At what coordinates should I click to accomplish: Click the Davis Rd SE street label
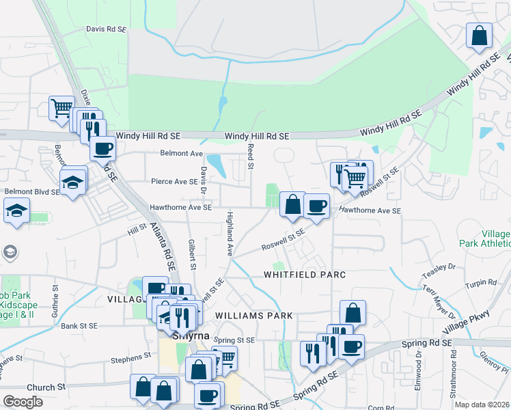(106, 29)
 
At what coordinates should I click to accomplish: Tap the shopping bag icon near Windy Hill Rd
(480, 36)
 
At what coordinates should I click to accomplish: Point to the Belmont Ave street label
(182, 153)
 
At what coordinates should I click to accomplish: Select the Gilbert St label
(193, 254)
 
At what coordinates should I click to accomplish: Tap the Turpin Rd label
(482, 282)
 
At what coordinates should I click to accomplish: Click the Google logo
(23, 402)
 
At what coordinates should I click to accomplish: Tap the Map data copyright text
(482, 405)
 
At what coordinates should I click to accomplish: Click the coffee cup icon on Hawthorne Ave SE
(316, 205)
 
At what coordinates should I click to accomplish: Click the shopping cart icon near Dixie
(61, 107)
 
